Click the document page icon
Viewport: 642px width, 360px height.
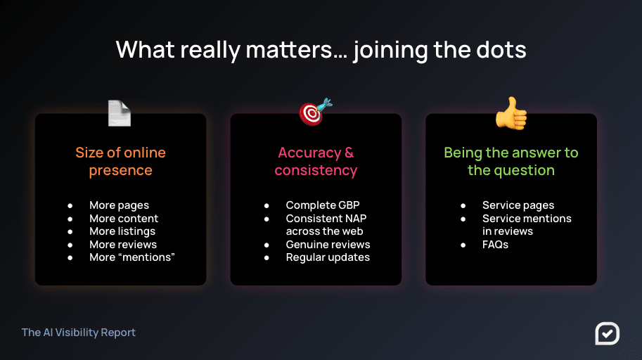coord(119,113)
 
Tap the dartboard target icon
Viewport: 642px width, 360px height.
coord(315,112)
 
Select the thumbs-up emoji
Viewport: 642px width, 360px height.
coord(511,113)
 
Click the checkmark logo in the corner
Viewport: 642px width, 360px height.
coord(608,333)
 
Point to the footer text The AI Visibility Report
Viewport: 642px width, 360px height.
coord(79,332)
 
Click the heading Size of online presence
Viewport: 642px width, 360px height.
coord(120,161)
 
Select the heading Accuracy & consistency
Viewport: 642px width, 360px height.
coord(316,161)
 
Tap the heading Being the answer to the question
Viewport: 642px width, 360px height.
coord(511,161)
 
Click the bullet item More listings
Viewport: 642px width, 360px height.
coord(122,231)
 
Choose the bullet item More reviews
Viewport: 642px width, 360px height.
coord(123,245)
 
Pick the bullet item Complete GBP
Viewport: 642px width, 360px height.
coord(323,205)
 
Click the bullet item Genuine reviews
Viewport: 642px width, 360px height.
coord(328,245)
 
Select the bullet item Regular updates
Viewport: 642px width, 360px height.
coord(328,257)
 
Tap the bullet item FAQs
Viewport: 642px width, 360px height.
coord(495,245)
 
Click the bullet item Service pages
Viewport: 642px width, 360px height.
coord(518,205)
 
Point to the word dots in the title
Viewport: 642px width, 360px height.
coord(501,49)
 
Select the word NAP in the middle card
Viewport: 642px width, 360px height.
coord(356,218)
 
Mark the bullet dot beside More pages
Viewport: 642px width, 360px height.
coord(70,205)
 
